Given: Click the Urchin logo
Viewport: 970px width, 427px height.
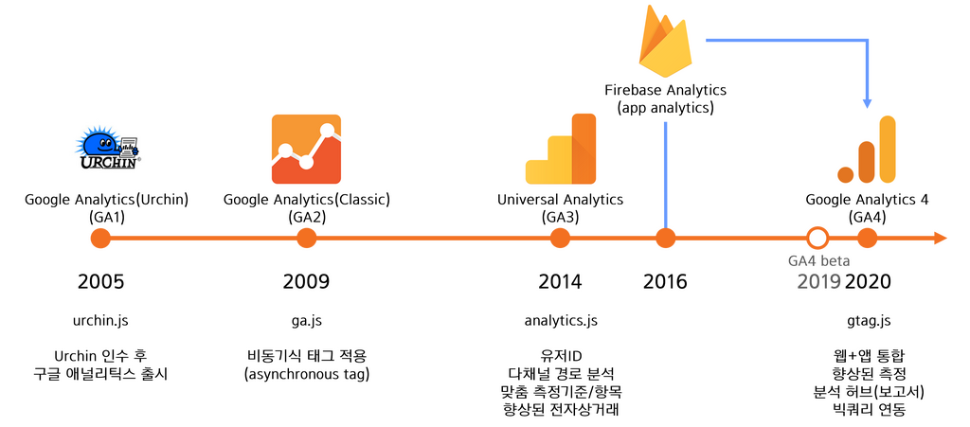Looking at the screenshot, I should coord(108,149).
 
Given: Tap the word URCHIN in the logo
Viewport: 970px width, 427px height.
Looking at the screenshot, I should coord(107,161).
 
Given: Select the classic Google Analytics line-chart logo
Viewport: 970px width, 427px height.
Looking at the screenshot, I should coord(306,149).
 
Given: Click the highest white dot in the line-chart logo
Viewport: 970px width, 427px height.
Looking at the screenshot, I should coord(330,130).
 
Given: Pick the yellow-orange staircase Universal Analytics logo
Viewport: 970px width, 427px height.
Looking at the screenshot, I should coord(561,149).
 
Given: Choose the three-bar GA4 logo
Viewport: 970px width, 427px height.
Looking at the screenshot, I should coord(867,149).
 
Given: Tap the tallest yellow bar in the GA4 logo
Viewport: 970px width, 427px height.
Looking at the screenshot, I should coord(888,149).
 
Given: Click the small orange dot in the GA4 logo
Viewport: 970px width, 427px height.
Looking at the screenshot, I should coord(846,174).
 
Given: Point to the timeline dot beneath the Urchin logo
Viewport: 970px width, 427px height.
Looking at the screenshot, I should coord(100,239).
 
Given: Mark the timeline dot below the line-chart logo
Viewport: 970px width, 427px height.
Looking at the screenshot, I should coord(306,239).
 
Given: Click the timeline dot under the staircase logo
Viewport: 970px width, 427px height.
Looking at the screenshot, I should coord(561,239).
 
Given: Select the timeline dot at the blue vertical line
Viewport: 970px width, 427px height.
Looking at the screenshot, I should coord(666,239).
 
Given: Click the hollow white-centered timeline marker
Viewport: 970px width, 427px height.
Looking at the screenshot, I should coord(817,238).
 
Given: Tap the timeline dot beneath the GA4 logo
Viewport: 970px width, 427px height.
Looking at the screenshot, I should coord(868,239).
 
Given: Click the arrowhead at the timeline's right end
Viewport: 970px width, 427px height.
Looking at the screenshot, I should coord(942,239).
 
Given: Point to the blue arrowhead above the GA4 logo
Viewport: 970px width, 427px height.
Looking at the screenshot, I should coord(867,101).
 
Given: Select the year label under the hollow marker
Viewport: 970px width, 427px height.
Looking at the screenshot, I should coord(818,281).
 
